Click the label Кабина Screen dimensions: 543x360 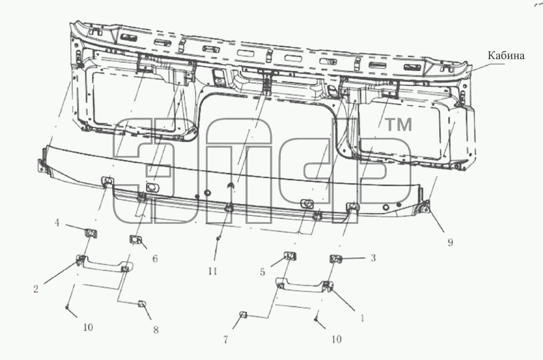[x=506, y=55]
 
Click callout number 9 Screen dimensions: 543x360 [x=450, y=242]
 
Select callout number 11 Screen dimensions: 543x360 [x=213, y=271]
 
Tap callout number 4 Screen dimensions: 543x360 [x=57, y=222]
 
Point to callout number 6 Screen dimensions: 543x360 [x=155, y=258]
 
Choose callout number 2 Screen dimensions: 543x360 [x=36, y=289]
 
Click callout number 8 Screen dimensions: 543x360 [x=156, y=330]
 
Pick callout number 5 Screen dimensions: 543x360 [x=262, y=272]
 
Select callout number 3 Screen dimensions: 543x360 [x=373, y=258]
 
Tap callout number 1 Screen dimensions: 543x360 [x=362, y=318]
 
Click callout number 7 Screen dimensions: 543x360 [x=226, y=340]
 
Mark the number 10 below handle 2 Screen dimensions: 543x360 [x=88, y=327]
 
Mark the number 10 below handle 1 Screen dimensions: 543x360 [x=337, y=339]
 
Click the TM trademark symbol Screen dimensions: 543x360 [x=398, y=124]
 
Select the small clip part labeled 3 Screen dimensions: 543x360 [x=335, y=258]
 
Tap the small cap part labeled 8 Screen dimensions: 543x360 [x=142, y=304]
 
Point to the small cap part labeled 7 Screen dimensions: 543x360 [x=242, y=315]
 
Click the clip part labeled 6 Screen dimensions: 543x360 [x=134, y=239]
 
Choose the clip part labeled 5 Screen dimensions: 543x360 [x=290, y=256]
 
